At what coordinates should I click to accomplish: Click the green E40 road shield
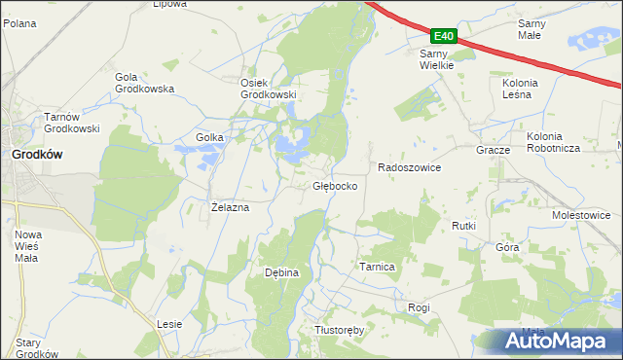tap(442, 35)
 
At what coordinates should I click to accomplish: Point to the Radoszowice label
tap(409, 167)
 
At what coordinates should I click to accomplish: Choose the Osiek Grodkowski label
tap(268, 89)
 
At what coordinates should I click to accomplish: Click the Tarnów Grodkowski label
tap(73, 124)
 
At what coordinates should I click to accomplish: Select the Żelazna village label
tap(231, 207)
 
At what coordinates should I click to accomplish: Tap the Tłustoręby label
tap(339, 330)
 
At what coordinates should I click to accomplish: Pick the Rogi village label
tap(419, 307)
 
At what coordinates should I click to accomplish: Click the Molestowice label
tap(581, 215)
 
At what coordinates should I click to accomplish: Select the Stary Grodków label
tap(37, 348)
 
